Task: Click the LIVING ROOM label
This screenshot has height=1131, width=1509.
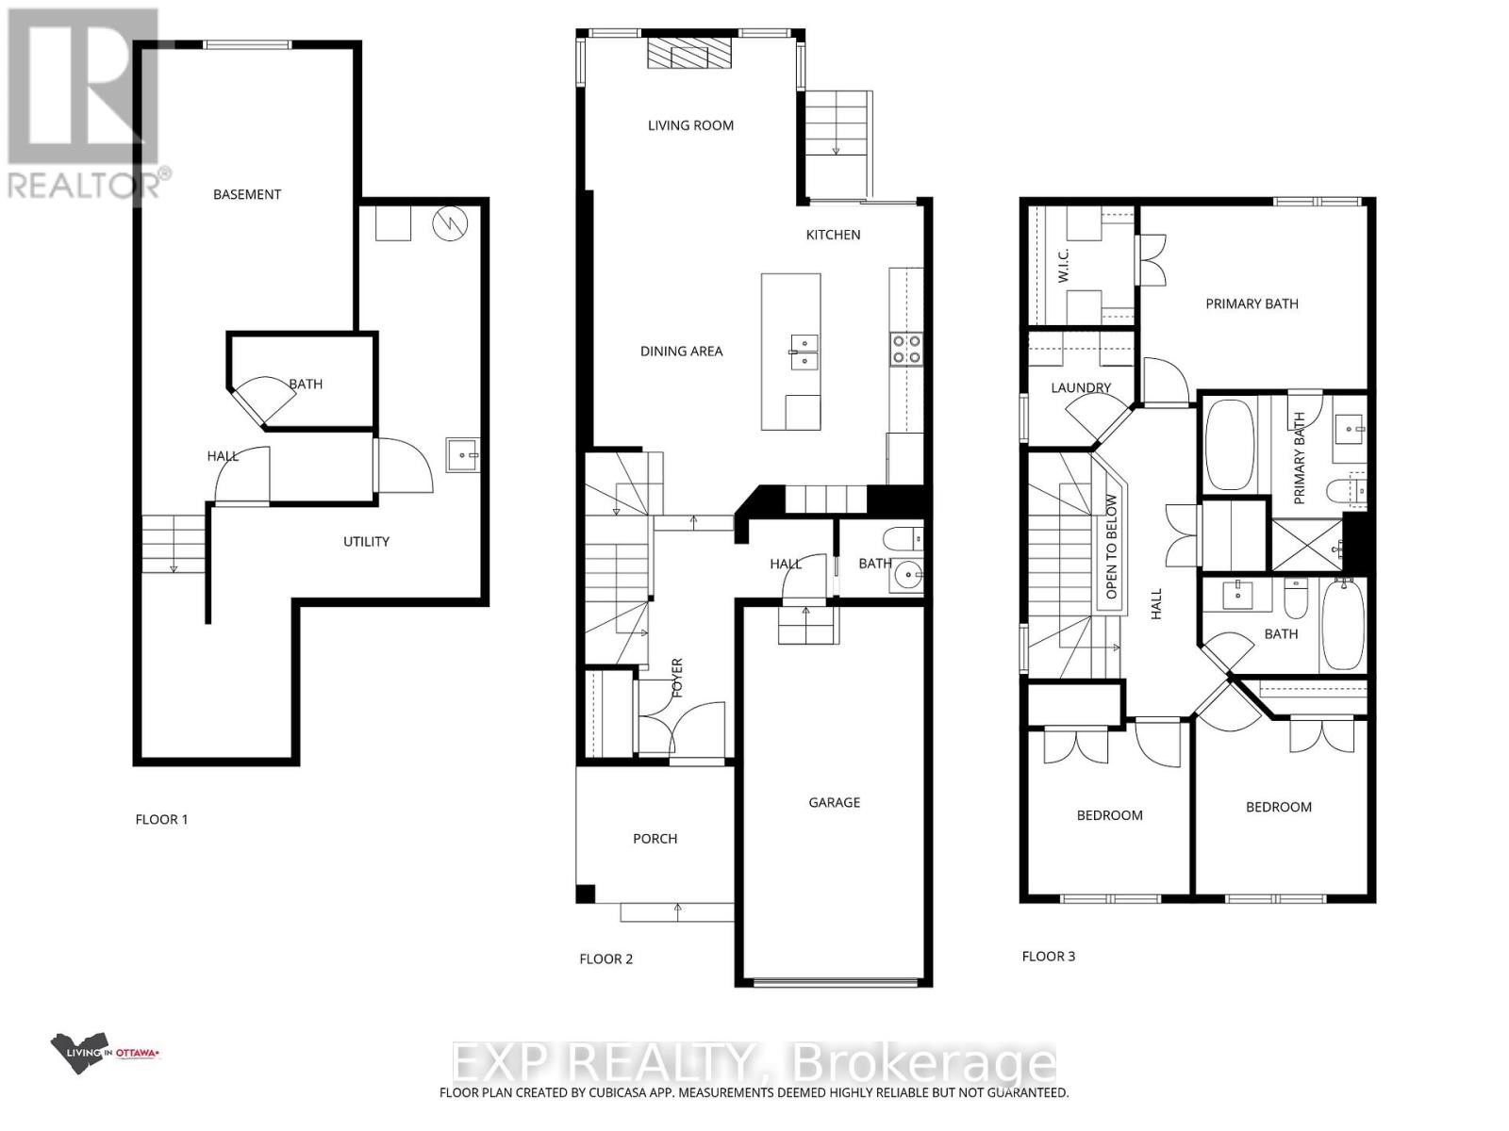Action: [x=690, y=125]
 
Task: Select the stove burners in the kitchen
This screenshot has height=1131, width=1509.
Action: [x=907, y=349]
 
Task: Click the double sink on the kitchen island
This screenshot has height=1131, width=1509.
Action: [x=804, y=351]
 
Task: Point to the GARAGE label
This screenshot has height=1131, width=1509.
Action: [x=834, y=802]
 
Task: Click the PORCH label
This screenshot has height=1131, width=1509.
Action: [x=655, y=838]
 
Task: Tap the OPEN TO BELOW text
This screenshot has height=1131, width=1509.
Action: [x=1112, y=547]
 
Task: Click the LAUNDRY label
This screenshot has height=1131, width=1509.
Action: [x=1081, y=387]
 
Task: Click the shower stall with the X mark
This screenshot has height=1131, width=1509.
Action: [x=1306, y=546]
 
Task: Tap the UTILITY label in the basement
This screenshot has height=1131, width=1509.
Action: [x=366, y=541]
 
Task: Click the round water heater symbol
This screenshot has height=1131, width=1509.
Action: [x=450, y=223]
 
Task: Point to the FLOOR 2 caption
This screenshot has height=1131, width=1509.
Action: [x=605, y=959]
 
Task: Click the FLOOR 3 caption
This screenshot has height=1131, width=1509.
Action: [x=1048, y=956]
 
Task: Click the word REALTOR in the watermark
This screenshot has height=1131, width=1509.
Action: [x=85, y=183]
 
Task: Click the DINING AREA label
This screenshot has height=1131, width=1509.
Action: [x=681, y=351]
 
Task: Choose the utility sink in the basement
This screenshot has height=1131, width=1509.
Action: [x=463, y=455]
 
